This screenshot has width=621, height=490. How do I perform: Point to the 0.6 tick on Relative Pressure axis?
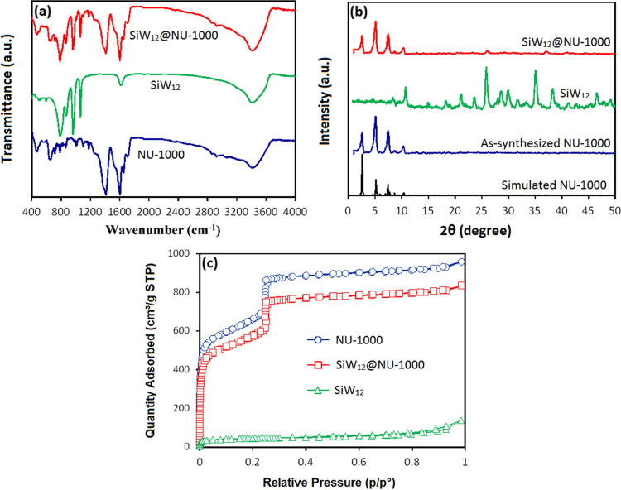(x=359, y=460)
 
